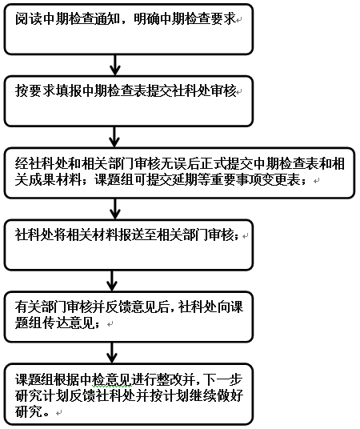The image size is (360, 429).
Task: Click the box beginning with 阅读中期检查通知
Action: click(x=128, y=29)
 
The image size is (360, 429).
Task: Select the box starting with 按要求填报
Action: click(x=128, y=101)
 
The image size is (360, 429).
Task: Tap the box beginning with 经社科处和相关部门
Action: click(x=179, y=173)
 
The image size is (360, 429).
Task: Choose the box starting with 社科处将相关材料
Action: click(x=128, y=245)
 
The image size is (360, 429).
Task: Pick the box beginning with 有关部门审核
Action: click(x=128, y=317)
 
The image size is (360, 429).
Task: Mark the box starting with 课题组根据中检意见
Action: click(x=128, y=395)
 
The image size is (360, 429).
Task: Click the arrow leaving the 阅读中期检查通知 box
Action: click(x=115, y=65)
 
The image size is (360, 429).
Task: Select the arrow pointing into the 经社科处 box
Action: click(x=114, y=137)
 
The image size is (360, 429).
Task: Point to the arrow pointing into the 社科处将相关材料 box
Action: click(x=115, y=209)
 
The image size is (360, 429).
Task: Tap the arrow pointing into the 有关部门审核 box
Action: click(x=112, y=281)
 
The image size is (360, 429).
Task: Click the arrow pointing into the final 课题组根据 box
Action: click(x=112, y=353)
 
